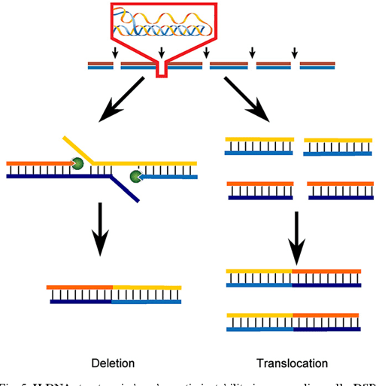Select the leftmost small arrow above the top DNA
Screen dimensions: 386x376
click(x=114, y=52)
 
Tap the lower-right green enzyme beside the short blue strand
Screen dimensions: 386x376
click(x=136, y=177)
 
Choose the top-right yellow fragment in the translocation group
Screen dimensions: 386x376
click(x=338, y=146)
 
